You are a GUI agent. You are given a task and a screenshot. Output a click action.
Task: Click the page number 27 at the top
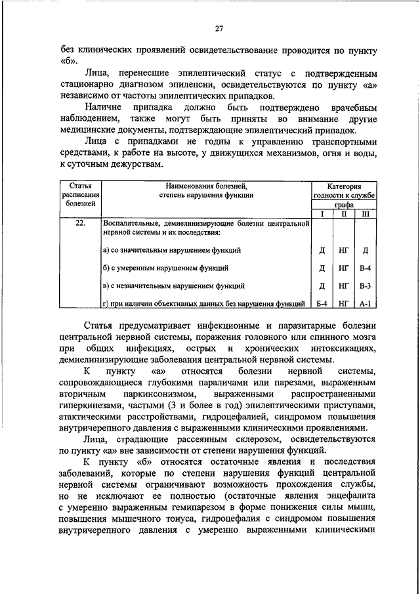[219, 27]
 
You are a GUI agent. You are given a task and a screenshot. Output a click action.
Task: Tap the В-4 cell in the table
[366, 268]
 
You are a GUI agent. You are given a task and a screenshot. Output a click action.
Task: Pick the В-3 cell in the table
[366, 286]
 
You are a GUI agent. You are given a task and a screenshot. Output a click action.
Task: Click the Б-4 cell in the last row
[322, 303]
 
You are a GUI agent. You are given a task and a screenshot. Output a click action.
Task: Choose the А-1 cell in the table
[366, 303]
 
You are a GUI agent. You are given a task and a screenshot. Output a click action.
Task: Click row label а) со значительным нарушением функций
[172, 250]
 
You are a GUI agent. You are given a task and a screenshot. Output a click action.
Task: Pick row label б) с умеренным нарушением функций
[166, 268]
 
